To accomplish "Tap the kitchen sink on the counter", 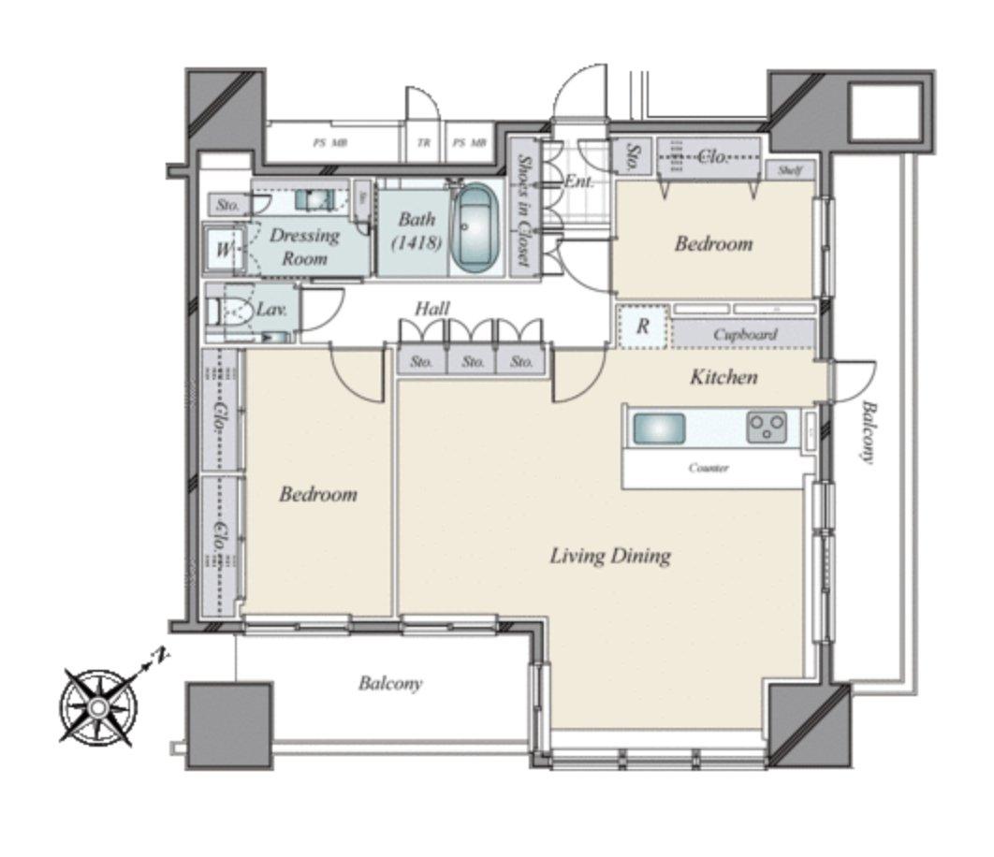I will click(659, 429).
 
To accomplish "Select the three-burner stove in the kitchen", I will click(766, 428).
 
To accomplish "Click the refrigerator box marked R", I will click(643, 327).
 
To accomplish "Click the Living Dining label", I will click(609, 556).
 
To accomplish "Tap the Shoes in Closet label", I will click(523, 211).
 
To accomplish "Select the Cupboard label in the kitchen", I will click(745, 334).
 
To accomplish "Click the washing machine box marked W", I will click(224, 249).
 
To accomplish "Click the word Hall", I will click(432, 309).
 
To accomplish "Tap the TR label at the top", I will click(424, 143).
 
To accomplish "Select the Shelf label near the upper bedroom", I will click(789, 170).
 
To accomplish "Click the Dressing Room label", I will click(304, 246).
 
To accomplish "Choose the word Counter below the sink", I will click(709, 468).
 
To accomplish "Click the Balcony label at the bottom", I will click(390, 684).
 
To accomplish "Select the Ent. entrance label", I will click(578, 181).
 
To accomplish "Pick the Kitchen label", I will click(724, 377).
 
